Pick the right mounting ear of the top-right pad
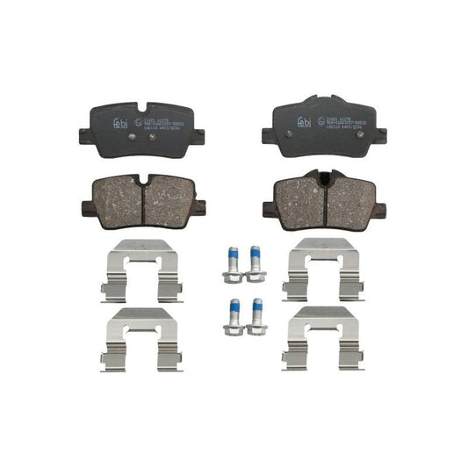pyautogui.click(x=378, y=134)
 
